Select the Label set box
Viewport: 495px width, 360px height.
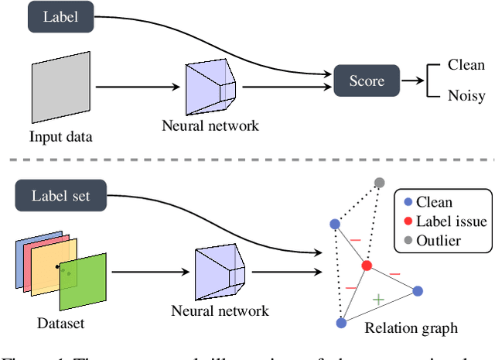pyautogui.click(x=60, y=195)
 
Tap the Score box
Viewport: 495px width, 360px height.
pyautogui.click(x=367, y=80)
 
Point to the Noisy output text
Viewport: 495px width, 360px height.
pyautogui.click(x=466, y=97)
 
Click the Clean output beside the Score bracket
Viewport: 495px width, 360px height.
pyautogui.click(x=466, y=65)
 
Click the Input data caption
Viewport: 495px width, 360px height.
pyautogui.click(x=60, y=137)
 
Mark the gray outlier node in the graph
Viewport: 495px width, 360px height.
pyautogui.click(x=379, y=183)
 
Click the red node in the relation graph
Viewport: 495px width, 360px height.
pyautogui.click(x=367, y=266)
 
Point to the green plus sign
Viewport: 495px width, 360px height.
pyautogui.click(x=378, y=298)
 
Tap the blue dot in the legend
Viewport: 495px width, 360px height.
pyautogui.click(x=407, y=202)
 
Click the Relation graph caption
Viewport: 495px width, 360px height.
pyautogui.click(x=411, y=328)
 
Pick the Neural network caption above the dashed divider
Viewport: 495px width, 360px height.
pyautogui.click(x=210, y=123)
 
